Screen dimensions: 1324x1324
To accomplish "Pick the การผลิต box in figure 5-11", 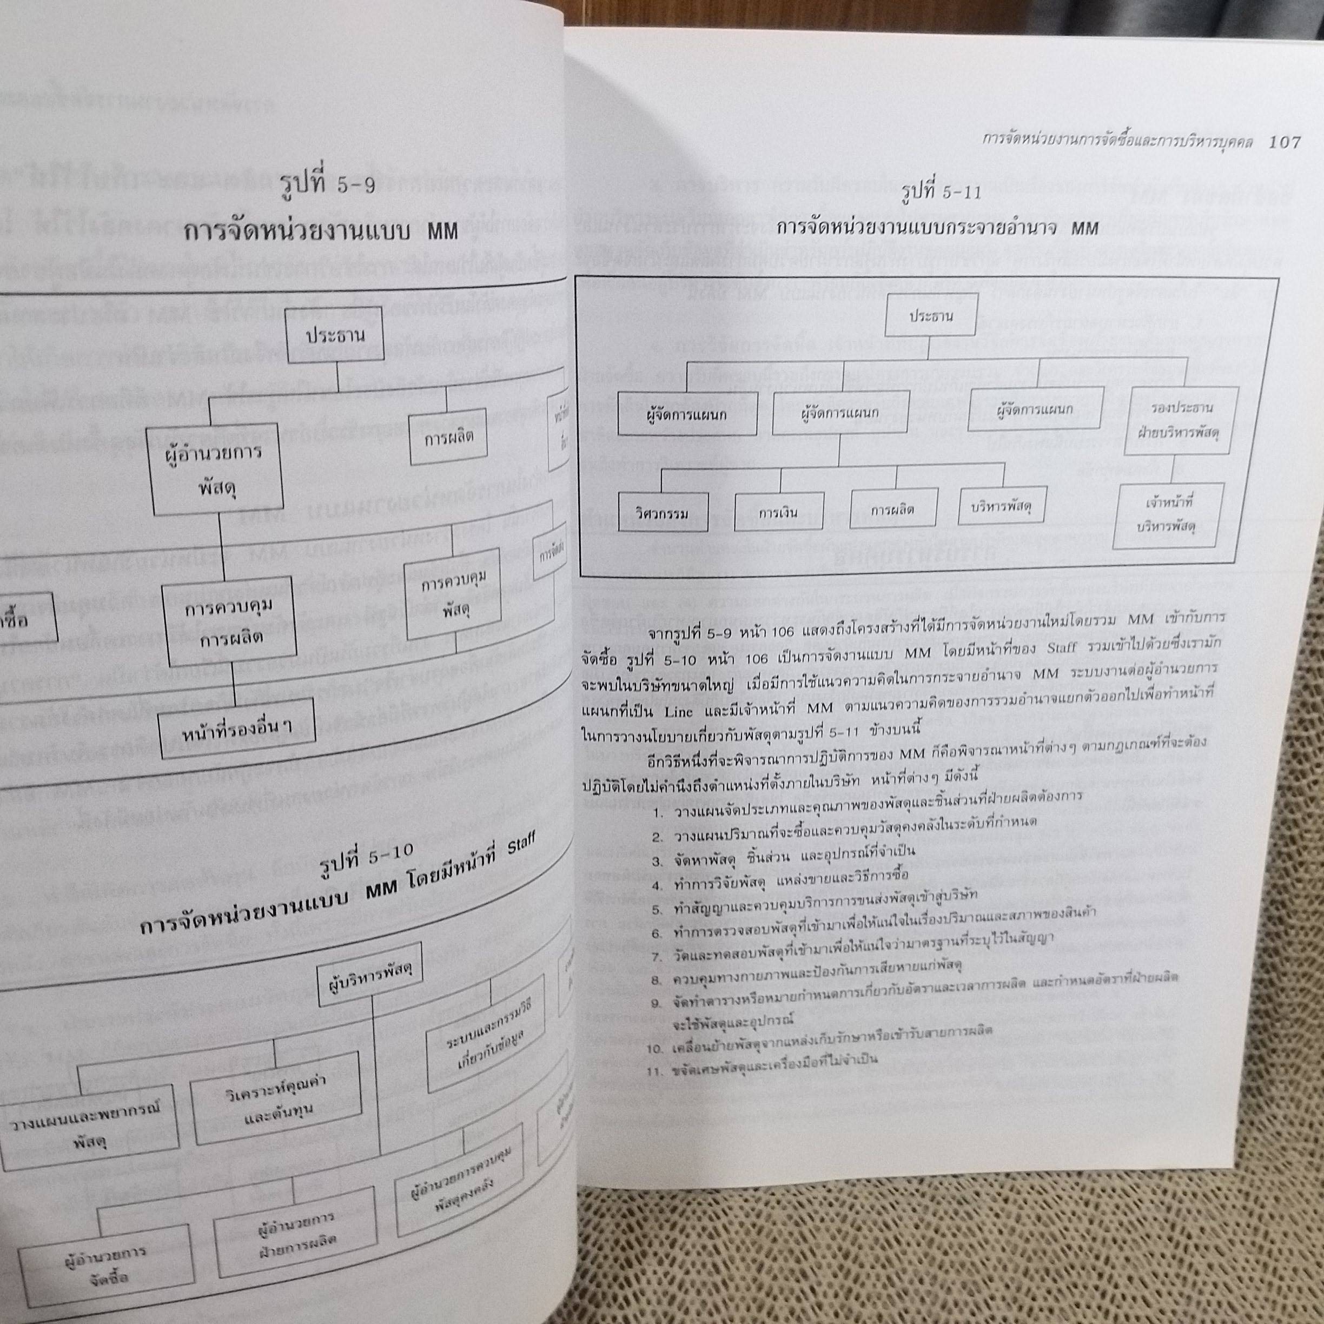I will point(892,511).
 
